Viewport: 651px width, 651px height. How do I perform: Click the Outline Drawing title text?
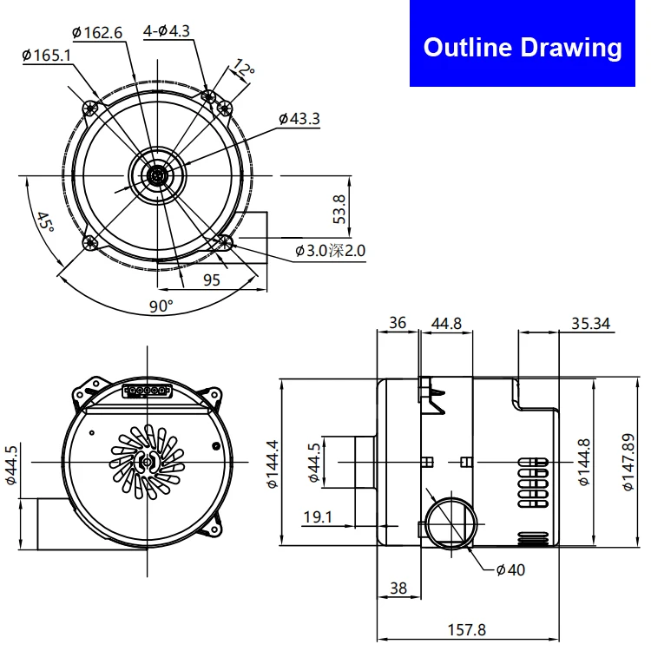pos(523,47)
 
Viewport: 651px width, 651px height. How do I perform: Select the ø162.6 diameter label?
pos(97,33)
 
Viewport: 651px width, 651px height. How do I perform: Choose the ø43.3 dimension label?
pos(299,118)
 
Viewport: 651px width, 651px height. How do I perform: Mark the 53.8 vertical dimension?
pos(339,209)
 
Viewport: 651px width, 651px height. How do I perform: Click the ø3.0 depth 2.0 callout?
pos(331,251)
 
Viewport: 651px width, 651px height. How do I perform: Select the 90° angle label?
pos(161,306)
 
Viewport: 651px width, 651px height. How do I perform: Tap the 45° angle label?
pos(44,225)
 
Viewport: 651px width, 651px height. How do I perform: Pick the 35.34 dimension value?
pos(591,324)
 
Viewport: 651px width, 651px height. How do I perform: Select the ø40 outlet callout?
pos(510,569)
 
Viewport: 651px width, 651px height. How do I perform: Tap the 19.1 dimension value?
pos(319,516)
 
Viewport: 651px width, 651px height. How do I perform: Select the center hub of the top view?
pos(157,175)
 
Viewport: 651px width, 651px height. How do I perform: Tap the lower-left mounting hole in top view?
pos(90,244)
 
